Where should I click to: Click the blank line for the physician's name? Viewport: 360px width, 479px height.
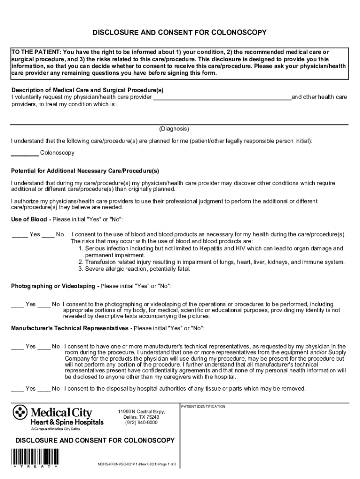pos(222,97)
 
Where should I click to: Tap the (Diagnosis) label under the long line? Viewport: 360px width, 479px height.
pos(174,129)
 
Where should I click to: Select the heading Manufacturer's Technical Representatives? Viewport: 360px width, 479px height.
pos(69,328)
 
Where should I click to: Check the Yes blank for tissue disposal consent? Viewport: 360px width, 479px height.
pos(17,389)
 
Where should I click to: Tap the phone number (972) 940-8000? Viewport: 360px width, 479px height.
pos(141,422)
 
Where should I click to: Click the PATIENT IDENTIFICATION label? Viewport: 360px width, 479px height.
pos(203,406)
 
